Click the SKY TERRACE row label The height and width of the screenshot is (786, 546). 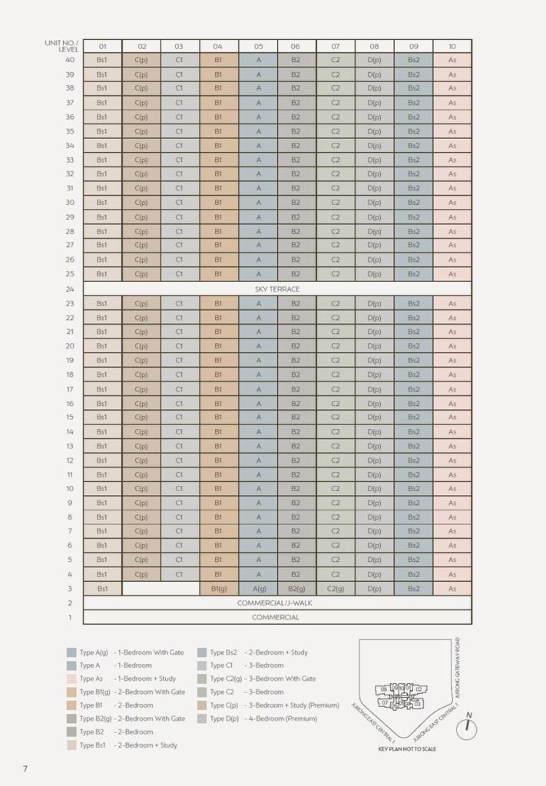click(x=277, y=289)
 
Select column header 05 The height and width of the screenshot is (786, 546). click(x=258, y=47)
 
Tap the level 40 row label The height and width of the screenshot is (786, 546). click(x=70, y=60)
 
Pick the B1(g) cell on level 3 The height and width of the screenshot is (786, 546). click(x=218, y=589)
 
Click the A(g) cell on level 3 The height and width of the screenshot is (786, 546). click(x=259, y=589)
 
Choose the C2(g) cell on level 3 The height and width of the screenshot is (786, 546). click(x=336, y=589)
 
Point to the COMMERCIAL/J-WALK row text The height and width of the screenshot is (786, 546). click(x=277, y=603)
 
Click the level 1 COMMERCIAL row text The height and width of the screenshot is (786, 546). click(x=277, y=617)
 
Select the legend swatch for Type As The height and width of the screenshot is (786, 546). click(x=71, y=679)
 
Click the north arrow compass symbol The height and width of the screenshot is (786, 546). click(x=466, y=728)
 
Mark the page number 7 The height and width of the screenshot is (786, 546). click(x=25, y=768)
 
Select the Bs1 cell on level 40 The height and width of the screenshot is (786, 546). click(x=102, y=60)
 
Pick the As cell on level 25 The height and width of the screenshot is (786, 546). click(x=452, y=274)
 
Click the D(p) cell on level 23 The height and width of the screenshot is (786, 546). click(x=375, y=304)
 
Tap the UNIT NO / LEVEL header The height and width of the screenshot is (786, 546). click(x=63, y=46)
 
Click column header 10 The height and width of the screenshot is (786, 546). click(x=452, y=47)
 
